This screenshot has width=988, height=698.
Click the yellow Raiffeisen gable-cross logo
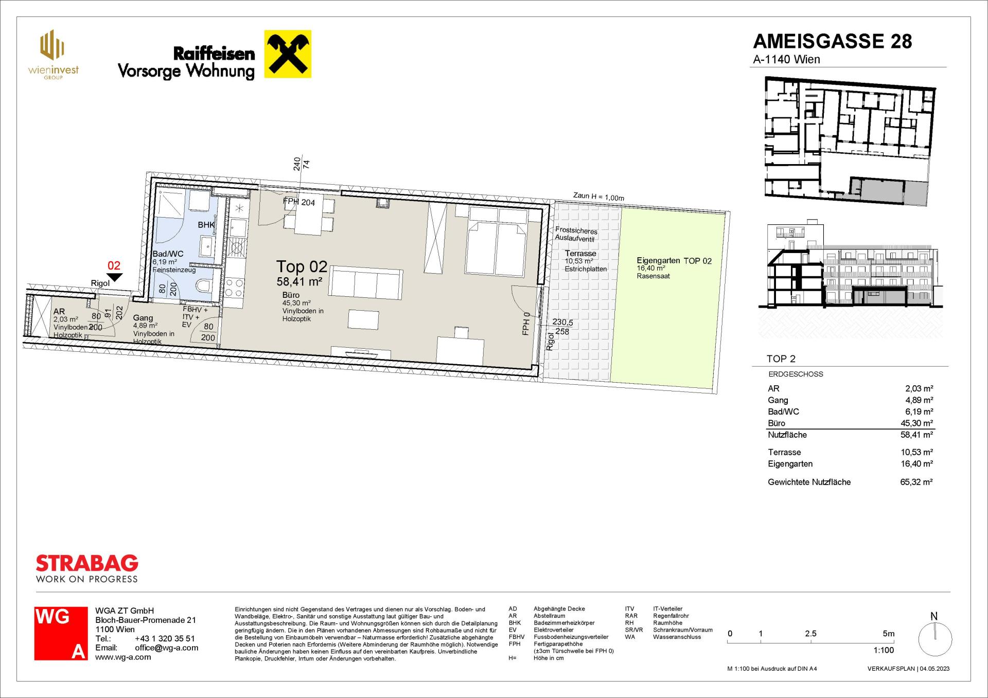pyautogui.click(x=288, y=54)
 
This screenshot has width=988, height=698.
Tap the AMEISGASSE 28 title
pyautogui.click(x=832, y=41)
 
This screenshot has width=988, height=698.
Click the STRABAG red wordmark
pyautogui.click(x=87, y=563)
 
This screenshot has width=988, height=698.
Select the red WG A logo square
pyautogui.click(x=61, y=633)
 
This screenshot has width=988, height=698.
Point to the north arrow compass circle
pyautogui.click(x=935, y=639)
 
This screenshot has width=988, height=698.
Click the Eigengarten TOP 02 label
pyautogui.click(x=674, y=261)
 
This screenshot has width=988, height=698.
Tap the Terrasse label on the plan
pyautogui.click(x=580, y=254)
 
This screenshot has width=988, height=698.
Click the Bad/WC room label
pyautogui.click(x=168, y=254)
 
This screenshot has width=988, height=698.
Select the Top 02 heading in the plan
pyautogui.click(x=302, y=266)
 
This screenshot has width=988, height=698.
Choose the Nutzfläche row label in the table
pyautogui.click(x=787, y=435)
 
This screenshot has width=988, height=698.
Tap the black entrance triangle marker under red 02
pyautogui.click(x=114, y=277)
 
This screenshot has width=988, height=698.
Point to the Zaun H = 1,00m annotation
pyautogui.click(x=598, y=196)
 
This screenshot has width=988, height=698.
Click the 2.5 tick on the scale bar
pyautogui.click(x=810, y=641)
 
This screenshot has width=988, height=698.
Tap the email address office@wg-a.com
pyautogui.click(x=166, y=648)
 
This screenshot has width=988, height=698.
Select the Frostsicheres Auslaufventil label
pyautogui.click(x=576, y=235)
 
